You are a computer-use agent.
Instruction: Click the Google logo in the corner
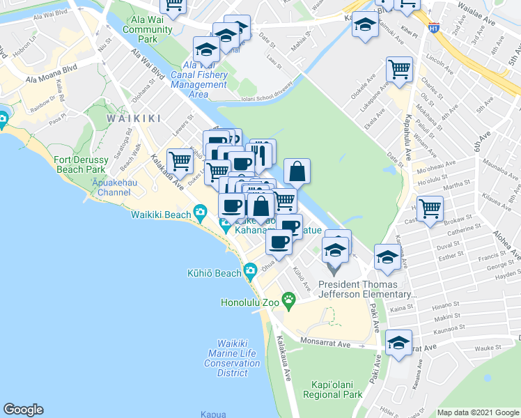(x=23, y=410)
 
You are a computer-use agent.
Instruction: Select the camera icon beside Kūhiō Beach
(x=250, y=270)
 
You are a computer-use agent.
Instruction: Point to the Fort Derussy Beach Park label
(x=79, y=164)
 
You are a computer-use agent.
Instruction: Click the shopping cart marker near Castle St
(x=431, y=207)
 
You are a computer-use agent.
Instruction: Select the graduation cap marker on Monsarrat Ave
(x=399, y=343)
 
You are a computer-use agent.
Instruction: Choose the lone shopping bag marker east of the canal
(x=297, y=170)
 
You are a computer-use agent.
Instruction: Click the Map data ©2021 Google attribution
(x=478, y=412)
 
